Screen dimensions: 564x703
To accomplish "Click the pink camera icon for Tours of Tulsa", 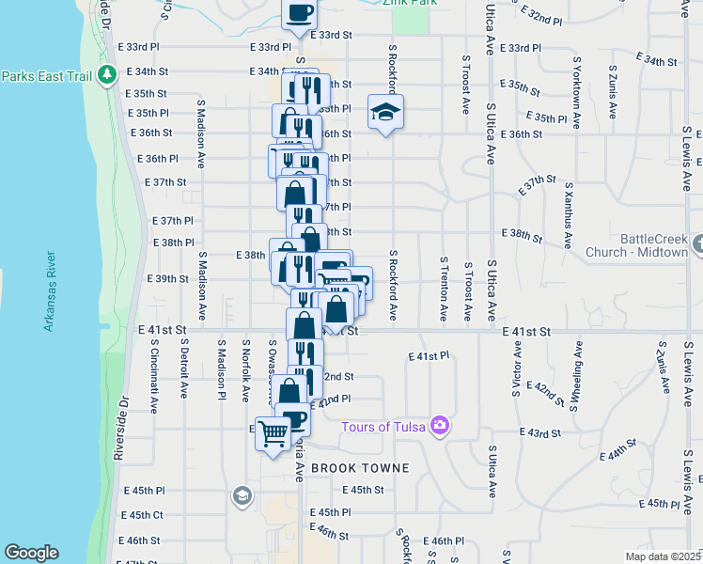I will (439, 427).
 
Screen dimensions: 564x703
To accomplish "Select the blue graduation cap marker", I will (384, 113).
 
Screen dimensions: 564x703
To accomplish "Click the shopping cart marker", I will (273, 434).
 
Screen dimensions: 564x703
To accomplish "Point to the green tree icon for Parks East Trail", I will (109, 72).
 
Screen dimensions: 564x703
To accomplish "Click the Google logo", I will (31, 553).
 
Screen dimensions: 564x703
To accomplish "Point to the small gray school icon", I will (242, 496).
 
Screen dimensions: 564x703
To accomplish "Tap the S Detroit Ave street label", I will (185, 368).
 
